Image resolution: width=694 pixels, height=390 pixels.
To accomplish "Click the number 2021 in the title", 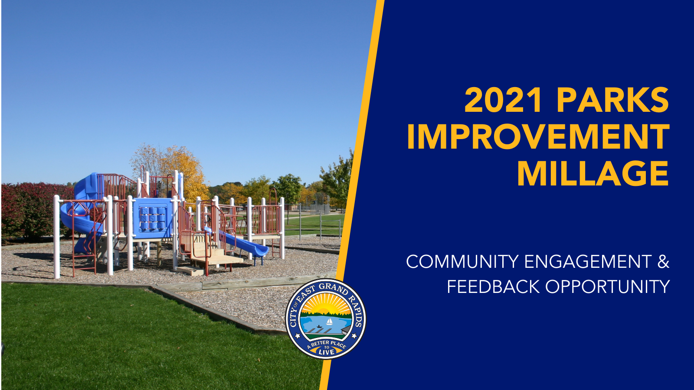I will coord(503,100).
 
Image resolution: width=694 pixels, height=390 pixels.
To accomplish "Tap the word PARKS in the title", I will coord(612,100).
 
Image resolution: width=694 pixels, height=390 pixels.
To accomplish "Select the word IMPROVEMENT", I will coord(538,137).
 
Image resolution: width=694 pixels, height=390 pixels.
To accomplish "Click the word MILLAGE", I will coord(593,174).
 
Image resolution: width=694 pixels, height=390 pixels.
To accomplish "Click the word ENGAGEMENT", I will coord(588,262).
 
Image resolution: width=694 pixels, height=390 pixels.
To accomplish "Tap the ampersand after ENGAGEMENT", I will coord(663,262).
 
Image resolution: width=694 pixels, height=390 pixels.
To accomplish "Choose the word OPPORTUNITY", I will coord(607,287).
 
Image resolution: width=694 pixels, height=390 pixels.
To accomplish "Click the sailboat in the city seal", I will coord(329,322).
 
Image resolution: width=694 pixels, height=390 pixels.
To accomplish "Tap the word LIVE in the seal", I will coord(326,352).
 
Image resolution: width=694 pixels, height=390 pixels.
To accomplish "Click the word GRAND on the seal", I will coord(333,288).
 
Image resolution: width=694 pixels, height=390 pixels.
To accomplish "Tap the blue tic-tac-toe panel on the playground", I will coord(152,219).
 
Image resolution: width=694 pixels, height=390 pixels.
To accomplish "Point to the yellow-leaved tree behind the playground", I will coord(182,167).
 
